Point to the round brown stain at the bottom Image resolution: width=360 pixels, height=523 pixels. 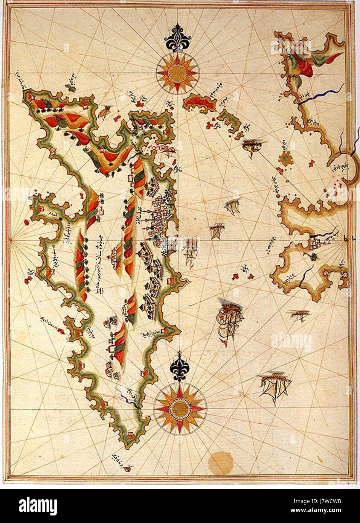click(x=221, y=462)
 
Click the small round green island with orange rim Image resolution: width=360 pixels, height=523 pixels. click(x=286, y=160)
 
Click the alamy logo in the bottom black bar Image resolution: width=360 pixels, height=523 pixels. click(x=38, y=506)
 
